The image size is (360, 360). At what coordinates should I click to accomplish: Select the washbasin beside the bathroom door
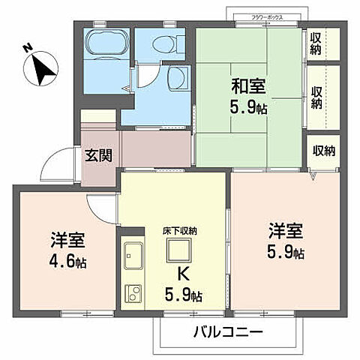pos(179,77)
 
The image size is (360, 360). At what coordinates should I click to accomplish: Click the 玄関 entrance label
pos(97,156)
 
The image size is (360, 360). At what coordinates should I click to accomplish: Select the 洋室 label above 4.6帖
pos(67,241)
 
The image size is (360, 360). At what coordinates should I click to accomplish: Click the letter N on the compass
pos(27,50)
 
